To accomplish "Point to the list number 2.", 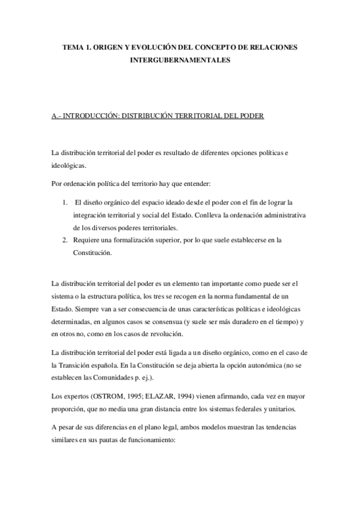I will click(64, 240).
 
